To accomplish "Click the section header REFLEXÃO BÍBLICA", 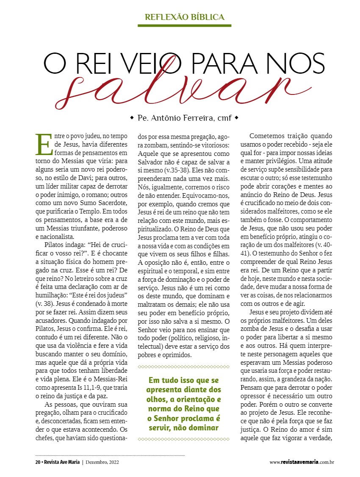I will tap(184, 17).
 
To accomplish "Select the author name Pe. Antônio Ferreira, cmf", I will tap(185, 118).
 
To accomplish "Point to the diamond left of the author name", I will tap(132, 117).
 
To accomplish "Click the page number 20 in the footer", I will tap(37, 462).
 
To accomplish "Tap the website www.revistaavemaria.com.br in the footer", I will tap(302, 462).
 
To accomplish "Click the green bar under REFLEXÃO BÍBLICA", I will tap(184, 26).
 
